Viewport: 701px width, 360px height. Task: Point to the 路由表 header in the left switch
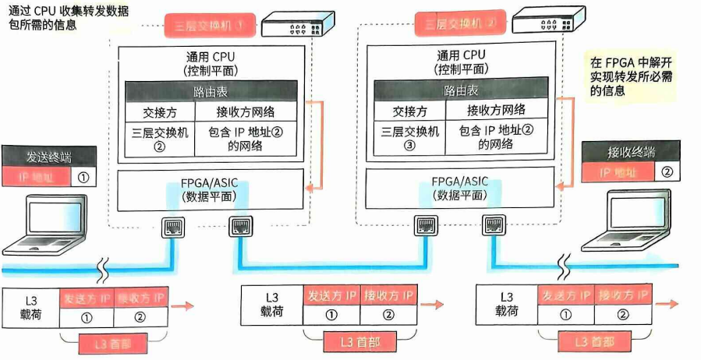click(211, 90)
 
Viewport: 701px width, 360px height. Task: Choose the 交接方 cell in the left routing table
click(159, 111)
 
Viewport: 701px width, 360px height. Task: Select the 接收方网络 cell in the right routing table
click(494, 111)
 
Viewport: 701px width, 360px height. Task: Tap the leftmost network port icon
click(172, 227)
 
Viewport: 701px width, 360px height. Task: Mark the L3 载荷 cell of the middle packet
click(271, 304)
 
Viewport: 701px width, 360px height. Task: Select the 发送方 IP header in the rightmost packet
click(567, 296)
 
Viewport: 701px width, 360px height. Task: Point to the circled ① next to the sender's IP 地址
click(83, 177)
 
